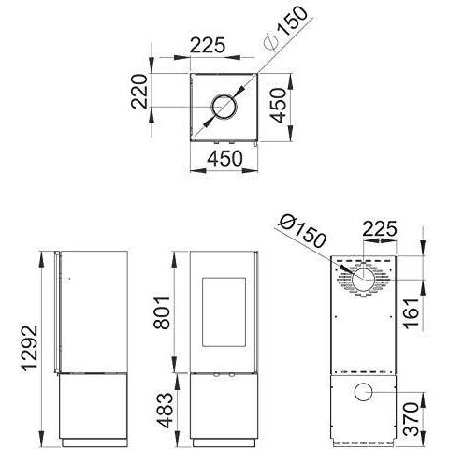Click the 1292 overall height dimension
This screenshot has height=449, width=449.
(29, 349)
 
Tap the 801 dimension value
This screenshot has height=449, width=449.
(162, 313)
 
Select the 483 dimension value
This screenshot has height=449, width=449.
(165, 411)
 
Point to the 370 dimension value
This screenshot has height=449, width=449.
(411, 419)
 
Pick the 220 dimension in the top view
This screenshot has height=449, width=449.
(138, 92)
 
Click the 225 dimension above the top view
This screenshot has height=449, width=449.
(208, 46)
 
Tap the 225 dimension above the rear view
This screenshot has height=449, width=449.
(380, 229)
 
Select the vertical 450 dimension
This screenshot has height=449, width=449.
(278, 105)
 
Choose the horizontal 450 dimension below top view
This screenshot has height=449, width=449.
(224, 158)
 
